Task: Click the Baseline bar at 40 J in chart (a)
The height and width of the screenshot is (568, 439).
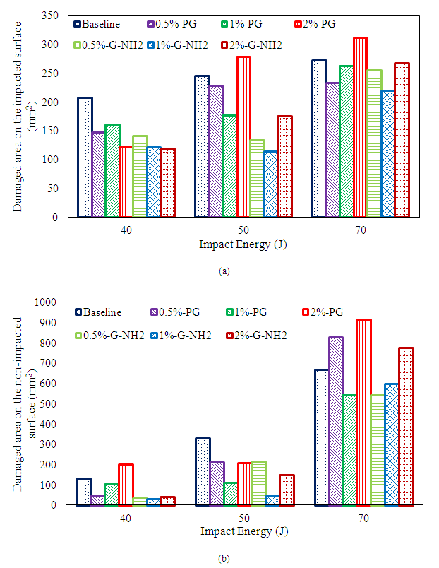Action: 85,158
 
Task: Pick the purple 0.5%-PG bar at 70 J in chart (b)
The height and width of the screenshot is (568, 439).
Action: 335,421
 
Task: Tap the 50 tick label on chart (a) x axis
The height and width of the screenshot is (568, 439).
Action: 243,230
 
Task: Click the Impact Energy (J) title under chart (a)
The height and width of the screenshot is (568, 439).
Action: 243,245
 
